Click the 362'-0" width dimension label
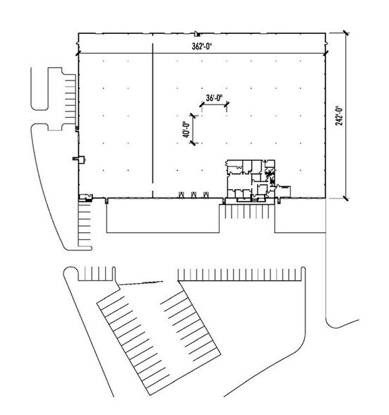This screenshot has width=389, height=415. [203, 47]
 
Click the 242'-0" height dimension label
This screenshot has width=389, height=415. [338, 116]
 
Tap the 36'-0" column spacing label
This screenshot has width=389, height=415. [214, 98]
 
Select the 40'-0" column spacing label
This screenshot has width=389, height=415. [186, 130]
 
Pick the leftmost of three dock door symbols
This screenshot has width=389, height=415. [181, 195]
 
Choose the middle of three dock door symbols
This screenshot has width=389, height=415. [193, 195]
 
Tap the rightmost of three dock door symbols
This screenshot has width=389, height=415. [205, 195]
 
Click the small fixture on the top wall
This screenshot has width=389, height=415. [196, 34]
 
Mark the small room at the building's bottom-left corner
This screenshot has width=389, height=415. [86, 198]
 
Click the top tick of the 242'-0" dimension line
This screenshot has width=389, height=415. [345, 32]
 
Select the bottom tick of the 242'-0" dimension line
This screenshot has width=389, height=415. [345, 198]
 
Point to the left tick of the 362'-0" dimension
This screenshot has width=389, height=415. [78, 54]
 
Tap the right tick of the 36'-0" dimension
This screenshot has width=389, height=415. [227, 104]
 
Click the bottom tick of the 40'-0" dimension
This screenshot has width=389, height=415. [193, 143]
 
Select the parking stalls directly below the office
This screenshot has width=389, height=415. [247, 212]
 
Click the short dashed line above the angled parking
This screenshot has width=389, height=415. [140, 283]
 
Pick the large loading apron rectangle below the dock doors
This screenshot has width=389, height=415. [163, 216]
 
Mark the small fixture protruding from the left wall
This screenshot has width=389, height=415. [78, 159]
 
